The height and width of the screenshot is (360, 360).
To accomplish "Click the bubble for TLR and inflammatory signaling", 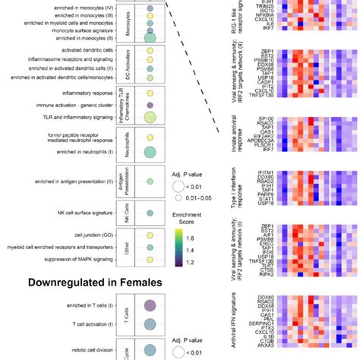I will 150,116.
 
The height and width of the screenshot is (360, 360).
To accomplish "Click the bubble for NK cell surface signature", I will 150,213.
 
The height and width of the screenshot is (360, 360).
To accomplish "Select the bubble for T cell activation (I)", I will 150,323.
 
